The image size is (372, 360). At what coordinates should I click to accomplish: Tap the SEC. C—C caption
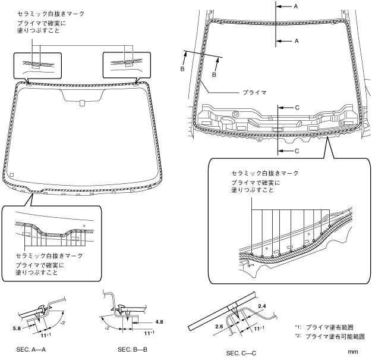coord(241,353)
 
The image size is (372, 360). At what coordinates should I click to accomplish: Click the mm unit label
coord(352,352)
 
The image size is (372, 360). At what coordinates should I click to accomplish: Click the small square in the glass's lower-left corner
coord(11,174)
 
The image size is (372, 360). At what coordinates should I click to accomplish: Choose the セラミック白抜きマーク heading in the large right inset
coord(264,173)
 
